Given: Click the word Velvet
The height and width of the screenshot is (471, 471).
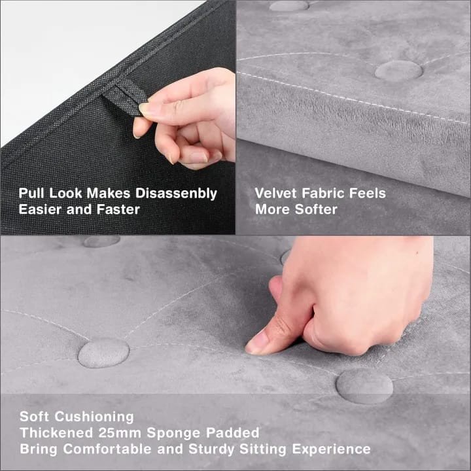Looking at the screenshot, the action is click(276, 193).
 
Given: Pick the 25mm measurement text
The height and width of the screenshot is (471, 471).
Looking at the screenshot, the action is click(120, 433).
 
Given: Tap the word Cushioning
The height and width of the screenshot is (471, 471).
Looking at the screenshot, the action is click(94, 417).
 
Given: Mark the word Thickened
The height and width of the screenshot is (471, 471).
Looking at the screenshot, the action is click(56, 433).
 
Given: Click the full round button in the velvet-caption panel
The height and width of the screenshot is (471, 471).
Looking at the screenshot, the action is click(398, 71).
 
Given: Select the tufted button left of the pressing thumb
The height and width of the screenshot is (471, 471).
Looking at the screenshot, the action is click(103, 353).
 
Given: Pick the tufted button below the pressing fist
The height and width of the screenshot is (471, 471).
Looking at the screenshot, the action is click(364, 386).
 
